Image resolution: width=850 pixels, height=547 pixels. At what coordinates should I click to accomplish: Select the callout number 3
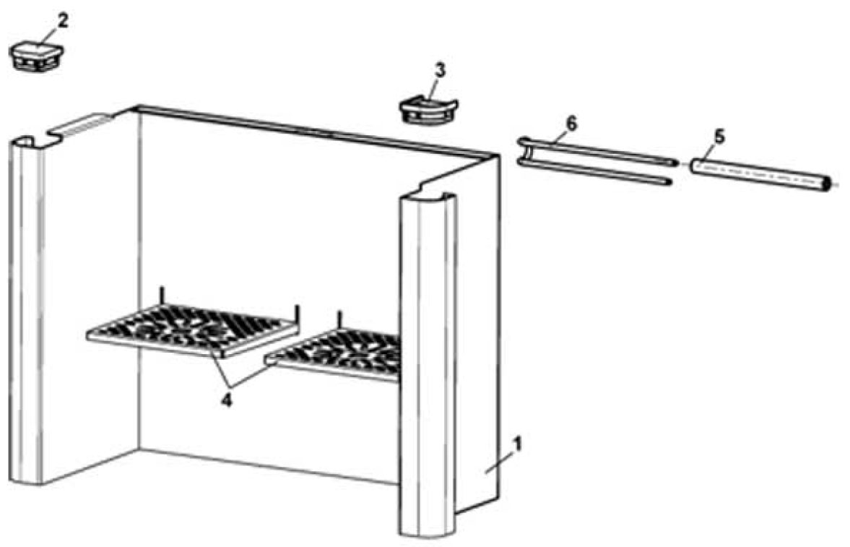click(440, 71)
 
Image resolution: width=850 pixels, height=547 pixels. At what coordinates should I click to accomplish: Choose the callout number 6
click(571, 124)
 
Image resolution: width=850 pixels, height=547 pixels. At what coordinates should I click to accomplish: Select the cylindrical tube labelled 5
click(758, 174)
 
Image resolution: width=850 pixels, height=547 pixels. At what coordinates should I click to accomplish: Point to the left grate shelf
click(191, 329)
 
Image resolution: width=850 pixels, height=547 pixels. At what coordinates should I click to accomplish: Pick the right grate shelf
click(339, 354)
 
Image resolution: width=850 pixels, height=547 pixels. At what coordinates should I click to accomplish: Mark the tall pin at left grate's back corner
click(163, 296)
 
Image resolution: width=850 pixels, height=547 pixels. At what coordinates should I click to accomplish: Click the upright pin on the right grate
click(338, 319)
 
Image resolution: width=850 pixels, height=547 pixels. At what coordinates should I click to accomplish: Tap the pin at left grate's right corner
click(296, 314)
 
